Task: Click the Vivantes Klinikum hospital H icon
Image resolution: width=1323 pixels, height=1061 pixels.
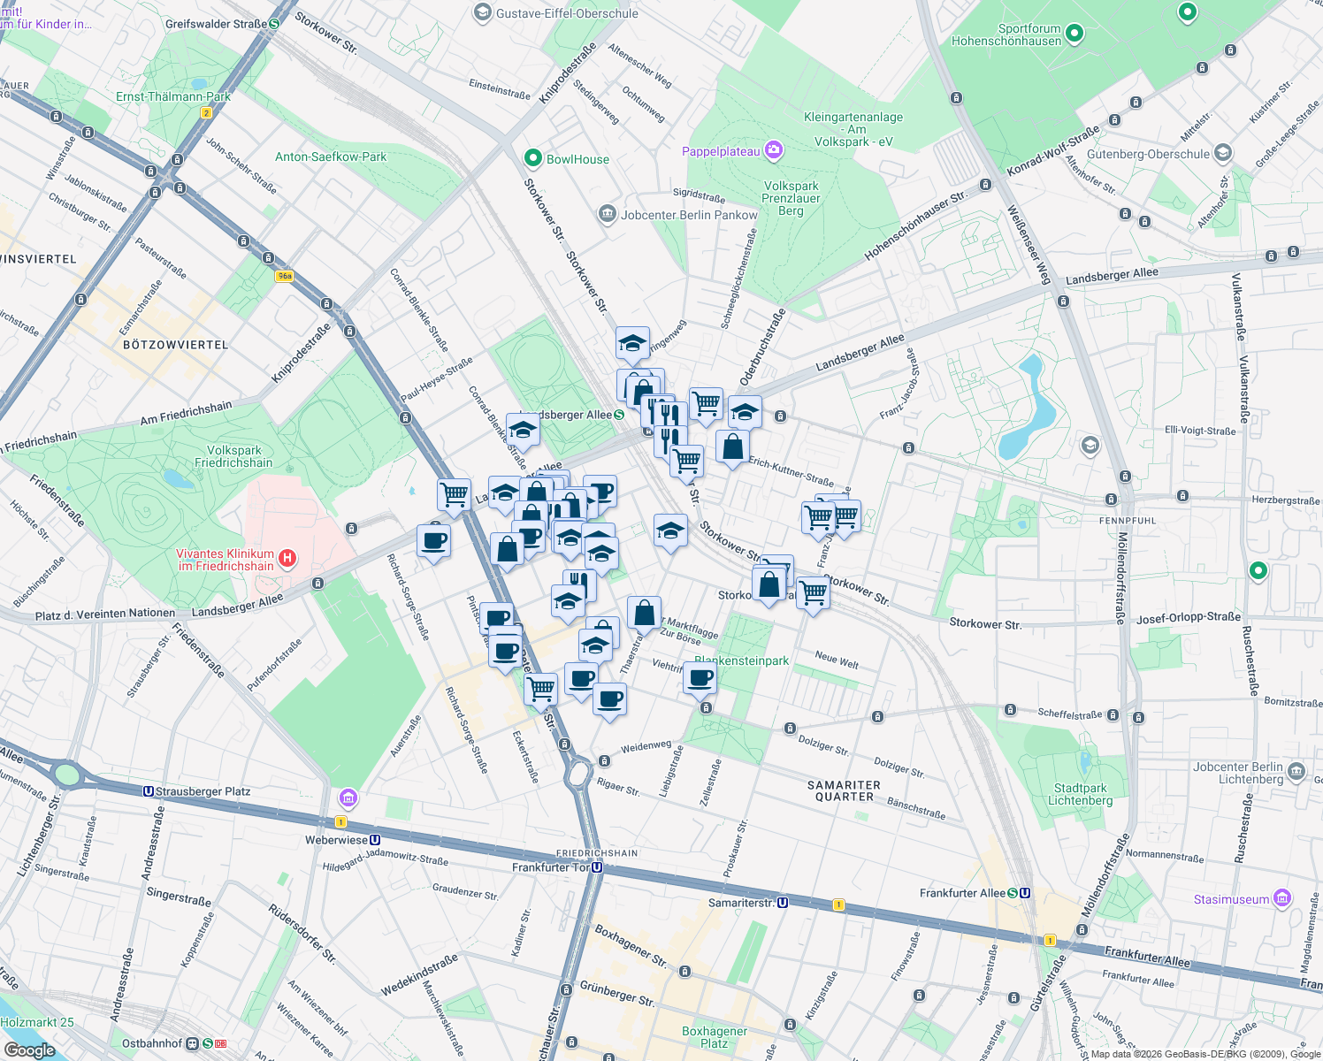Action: click(287, 558)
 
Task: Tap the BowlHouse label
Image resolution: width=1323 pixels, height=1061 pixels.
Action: click(577, 159)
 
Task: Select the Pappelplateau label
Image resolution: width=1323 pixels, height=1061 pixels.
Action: click(721, 151)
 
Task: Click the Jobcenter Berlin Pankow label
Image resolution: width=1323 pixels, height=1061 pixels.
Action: click(689, 215)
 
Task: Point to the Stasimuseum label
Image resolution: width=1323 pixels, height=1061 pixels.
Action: click(1231, 899)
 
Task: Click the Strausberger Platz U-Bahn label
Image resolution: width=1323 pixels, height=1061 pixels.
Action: click(203, 791)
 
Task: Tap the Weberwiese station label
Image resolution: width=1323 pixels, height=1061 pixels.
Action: click(335, 840)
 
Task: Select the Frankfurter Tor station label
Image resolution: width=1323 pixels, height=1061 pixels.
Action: click(550, 867)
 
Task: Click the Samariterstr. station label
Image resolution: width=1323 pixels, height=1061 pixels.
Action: click(741, 903)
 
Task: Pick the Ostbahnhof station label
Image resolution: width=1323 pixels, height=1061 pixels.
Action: click(152, 1043)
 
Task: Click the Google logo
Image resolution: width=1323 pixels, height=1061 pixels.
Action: click(29, 1050)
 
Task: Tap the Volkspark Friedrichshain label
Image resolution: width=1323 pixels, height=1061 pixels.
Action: click(233, 456)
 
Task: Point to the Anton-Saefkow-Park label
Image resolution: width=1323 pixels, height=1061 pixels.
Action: click(331, 156)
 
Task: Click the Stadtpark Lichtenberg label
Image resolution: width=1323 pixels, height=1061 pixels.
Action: click(1080, 794)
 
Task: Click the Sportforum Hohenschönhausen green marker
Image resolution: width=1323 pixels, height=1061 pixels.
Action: click(1074, 34)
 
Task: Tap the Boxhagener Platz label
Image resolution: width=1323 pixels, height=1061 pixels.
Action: click(715, 1037)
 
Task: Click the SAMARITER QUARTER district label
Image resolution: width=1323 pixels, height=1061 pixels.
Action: click(845, 790)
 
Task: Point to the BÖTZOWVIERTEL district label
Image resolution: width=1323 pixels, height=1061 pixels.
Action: click(175, 345)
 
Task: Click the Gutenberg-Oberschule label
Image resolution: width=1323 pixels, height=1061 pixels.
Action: click(1148, 154)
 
